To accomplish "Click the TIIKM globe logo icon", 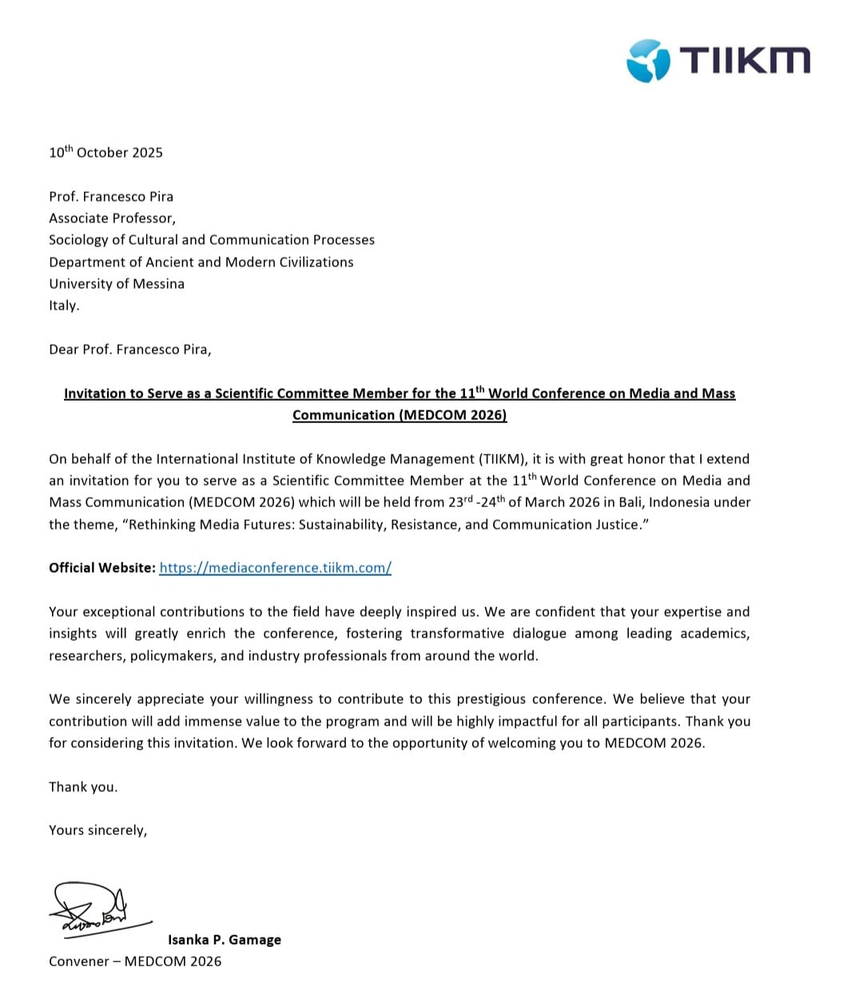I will click(647, 60).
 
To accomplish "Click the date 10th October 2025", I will click(105, 152).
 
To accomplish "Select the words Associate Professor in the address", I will click(111, 218).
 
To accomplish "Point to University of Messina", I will click(117, 284).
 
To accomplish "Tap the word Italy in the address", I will click(63, 306).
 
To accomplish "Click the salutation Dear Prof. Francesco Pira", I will click(129, 350).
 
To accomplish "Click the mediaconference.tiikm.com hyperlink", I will click(275, 568).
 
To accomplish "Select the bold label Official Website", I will click(101, 568).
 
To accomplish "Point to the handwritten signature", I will click(92, 909).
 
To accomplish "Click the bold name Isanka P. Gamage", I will click(224, 940).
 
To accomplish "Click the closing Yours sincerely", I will click(97, 830).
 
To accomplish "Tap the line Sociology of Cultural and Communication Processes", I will click(211, 240).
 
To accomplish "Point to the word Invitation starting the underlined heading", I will click(95, 394).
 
